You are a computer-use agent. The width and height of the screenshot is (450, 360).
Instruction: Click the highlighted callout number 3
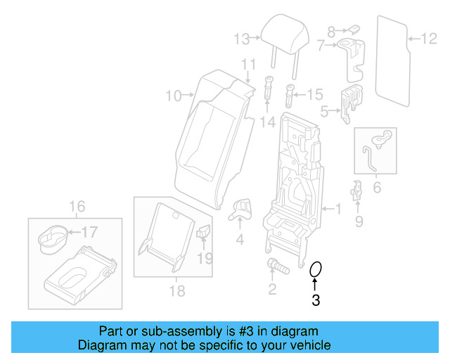[316, 301]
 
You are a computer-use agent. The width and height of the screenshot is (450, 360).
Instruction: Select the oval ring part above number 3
[316, 269]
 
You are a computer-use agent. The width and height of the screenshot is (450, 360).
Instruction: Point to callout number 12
[429, 39]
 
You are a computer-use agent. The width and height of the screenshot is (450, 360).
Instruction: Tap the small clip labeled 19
[204, 232]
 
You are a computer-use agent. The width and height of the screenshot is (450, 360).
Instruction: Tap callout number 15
[314, 94]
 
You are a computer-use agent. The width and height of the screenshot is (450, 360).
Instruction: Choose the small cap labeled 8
[354, 30]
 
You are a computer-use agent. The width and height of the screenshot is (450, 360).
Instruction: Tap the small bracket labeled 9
[357, 192]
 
